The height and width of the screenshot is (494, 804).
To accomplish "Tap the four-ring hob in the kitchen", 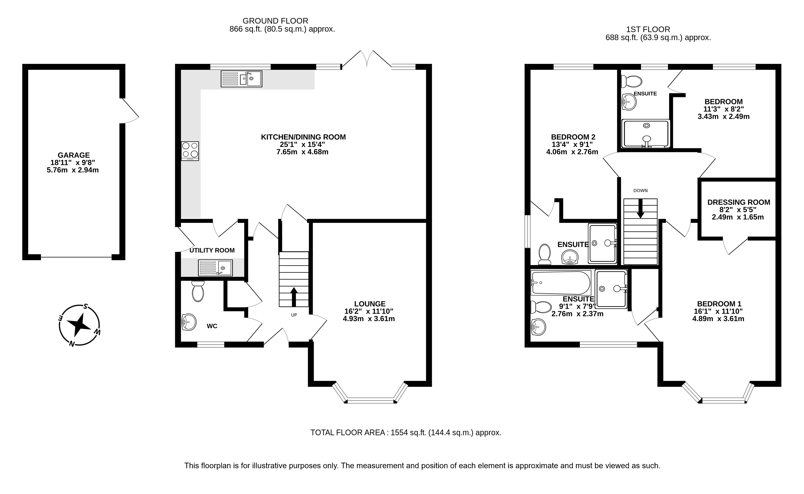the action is click(190, 151).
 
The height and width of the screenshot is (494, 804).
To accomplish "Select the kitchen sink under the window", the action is click(241, 79).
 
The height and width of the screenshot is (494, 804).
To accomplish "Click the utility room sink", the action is click(215, 268).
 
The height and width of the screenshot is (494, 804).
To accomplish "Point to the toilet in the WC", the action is click(198, 291).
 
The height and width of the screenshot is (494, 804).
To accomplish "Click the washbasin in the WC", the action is click(189, 322).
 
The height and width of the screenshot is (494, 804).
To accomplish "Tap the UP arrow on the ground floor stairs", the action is click(294, 297).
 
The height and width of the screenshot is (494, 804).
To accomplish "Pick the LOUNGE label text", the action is click(370, 304).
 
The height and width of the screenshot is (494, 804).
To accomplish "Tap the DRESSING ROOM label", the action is click(739, 202).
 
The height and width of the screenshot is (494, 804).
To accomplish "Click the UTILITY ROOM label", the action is click(212, 250).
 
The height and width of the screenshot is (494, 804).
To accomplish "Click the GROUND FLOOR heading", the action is click(275, 21).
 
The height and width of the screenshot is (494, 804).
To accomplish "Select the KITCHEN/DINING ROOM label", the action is click(303, 137).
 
